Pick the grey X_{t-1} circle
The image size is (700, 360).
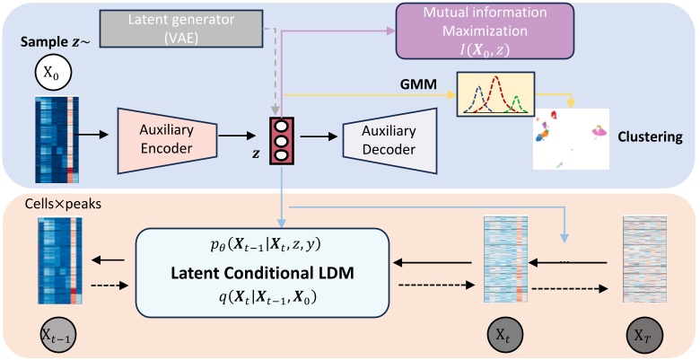(58, 336)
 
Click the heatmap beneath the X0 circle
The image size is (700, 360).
(58, 138)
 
